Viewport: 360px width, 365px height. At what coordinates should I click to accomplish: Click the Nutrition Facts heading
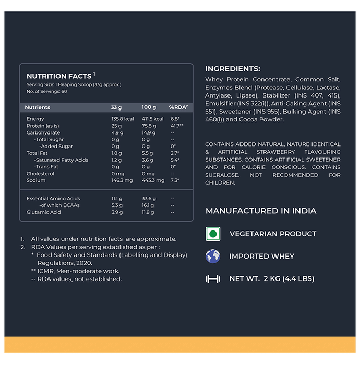click(x=61, y=76)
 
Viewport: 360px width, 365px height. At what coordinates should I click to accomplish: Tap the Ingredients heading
click(x=232, y=69)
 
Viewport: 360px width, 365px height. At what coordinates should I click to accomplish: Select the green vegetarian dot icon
click(x=212, y=234)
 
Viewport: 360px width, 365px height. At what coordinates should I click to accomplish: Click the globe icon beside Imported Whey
click(x=212, y=256)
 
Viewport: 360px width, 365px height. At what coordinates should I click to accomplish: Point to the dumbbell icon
click(x=212, y=279)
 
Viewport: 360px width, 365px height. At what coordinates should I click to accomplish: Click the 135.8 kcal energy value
click(x=123, y=119)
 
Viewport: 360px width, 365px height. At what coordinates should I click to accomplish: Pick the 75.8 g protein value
click(x=149, y=126)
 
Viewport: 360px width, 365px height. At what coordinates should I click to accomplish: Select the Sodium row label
click(x=36, y=180)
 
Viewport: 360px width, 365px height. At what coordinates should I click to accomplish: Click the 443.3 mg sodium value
click(x=153, y=180)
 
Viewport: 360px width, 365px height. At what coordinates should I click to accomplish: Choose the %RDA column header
click(x=178, y=107)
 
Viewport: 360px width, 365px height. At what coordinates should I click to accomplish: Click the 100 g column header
click(x=149, y=107)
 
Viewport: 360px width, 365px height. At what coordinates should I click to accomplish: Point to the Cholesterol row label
click(x=40, y=174)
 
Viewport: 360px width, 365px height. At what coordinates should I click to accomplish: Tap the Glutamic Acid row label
click(x=44, y=212)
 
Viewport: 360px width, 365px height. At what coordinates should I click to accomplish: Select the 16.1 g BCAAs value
click(x=148, y=205)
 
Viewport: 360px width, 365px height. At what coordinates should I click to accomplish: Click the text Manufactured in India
click(x=261, y=211)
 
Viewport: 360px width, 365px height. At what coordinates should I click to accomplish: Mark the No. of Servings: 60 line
click(x=47, y=92)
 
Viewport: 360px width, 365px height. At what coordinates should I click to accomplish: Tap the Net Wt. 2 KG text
click(x=271, y=279)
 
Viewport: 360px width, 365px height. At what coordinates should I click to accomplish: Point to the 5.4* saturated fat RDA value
click(x=175, y=160)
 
